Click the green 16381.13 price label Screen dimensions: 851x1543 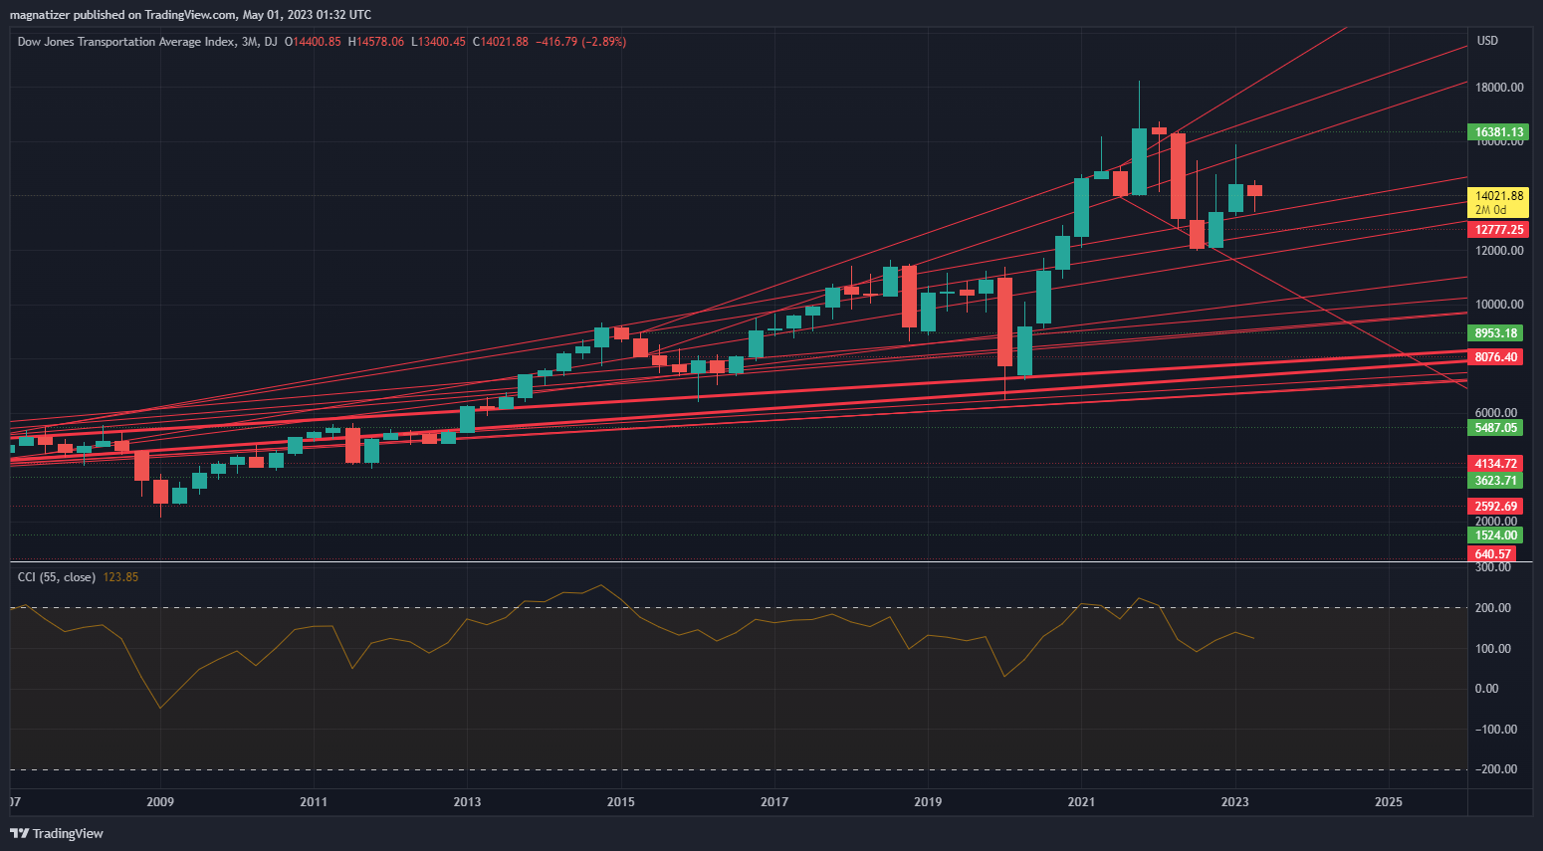pos(1498,131)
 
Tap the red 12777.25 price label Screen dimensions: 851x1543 pos(1498,230)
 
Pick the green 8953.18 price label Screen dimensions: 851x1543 pos(1495,333)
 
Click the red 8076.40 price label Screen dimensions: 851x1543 pos(1495,357)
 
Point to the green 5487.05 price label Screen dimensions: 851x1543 pos(1495,428)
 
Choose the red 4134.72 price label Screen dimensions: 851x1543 pos(1495,464)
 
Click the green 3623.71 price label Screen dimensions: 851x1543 pos(1495,481)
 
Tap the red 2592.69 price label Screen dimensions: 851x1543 pos(1495,507)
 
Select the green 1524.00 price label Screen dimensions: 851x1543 pos(1495,535)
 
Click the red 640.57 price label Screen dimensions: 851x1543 pos(1492,554)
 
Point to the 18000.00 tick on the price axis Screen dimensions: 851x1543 pos(1499,88)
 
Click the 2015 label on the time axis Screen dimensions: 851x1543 pos(620,802)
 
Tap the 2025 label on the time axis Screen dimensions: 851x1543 pos(1388,802)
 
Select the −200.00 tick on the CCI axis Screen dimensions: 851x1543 pos(1496,769)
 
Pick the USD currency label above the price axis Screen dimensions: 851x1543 pos(1487,41)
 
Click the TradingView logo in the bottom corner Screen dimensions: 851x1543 pos(57,833)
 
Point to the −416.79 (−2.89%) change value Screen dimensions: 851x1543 pos(580,42)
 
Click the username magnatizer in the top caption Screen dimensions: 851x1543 pos(39,15)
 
